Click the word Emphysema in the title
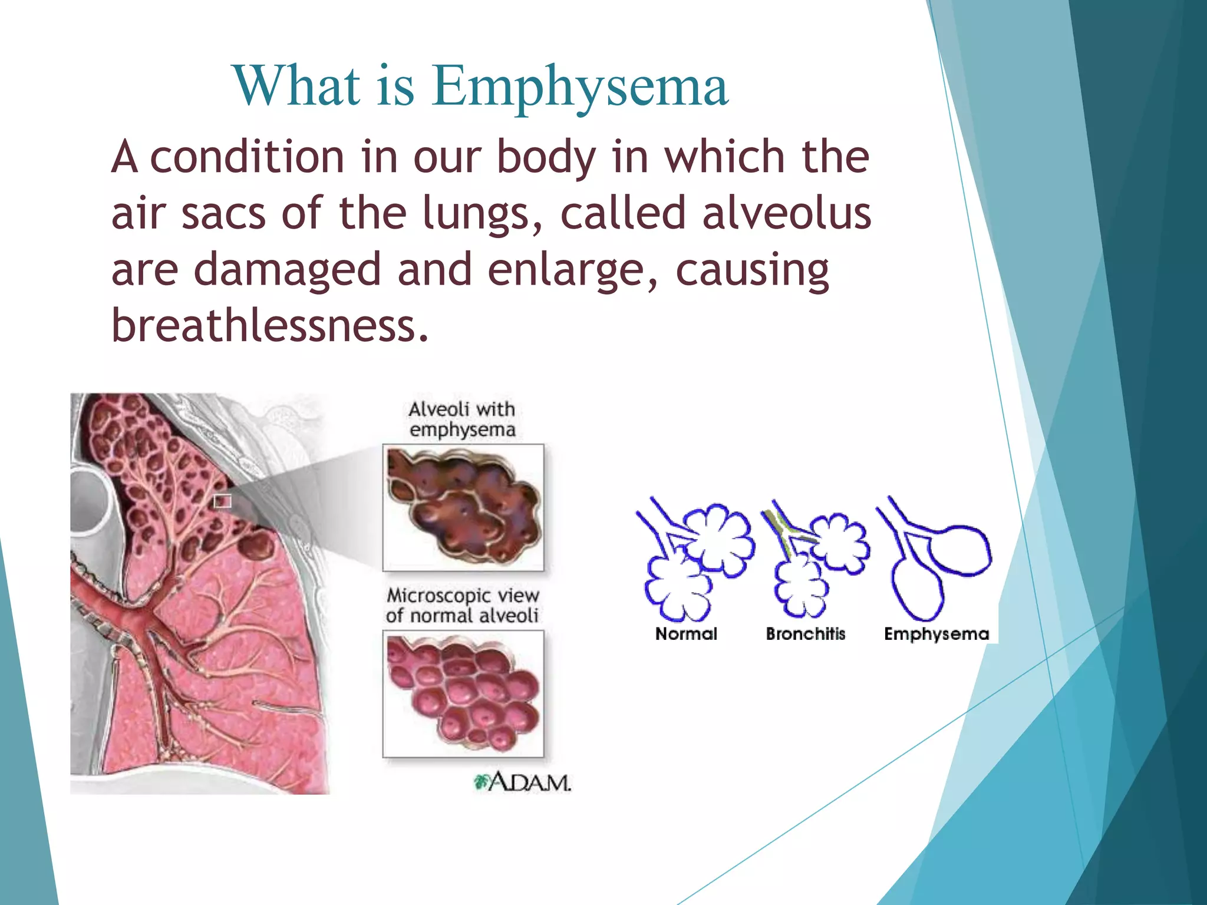tap(581, 87)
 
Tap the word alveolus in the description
tap(786, 213)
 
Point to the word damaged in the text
tap(287, 270)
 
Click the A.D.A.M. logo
tap(523, 782)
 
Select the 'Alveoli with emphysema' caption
tap(462, 420)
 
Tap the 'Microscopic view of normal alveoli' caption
tap(462, 606)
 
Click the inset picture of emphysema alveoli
tap(463, 507)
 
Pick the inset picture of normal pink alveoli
tap(463, 693)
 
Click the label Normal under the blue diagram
tap(686, 634)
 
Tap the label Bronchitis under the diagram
tap(805, 634)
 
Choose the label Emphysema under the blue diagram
tap(936, 634)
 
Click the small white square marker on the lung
tap(222, 501)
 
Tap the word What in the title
tap(296, 87)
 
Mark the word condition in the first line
tap(248, 157)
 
